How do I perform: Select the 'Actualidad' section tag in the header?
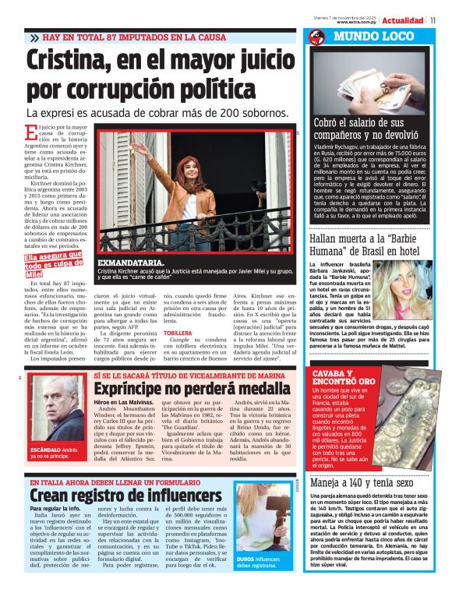[x=403, y=20]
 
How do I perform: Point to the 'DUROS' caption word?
[x=245, y=559]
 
